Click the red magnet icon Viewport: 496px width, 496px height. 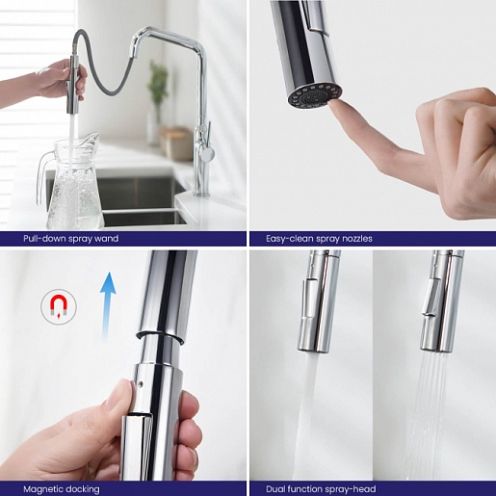[x=59, y=306]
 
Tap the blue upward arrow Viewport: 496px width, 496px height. [x=108, y=306]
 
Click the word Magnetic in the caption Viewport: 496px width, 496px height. [x=39, y=489]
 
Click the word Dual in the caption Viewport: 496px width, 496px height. [x=275, y=489]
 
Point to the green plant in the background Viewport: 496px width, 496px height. [x=158, y=82]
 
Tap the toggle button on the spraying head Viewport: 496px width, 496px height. [x=431, y=297]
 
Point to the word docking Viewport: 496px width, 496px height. [x=79, y=489]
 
